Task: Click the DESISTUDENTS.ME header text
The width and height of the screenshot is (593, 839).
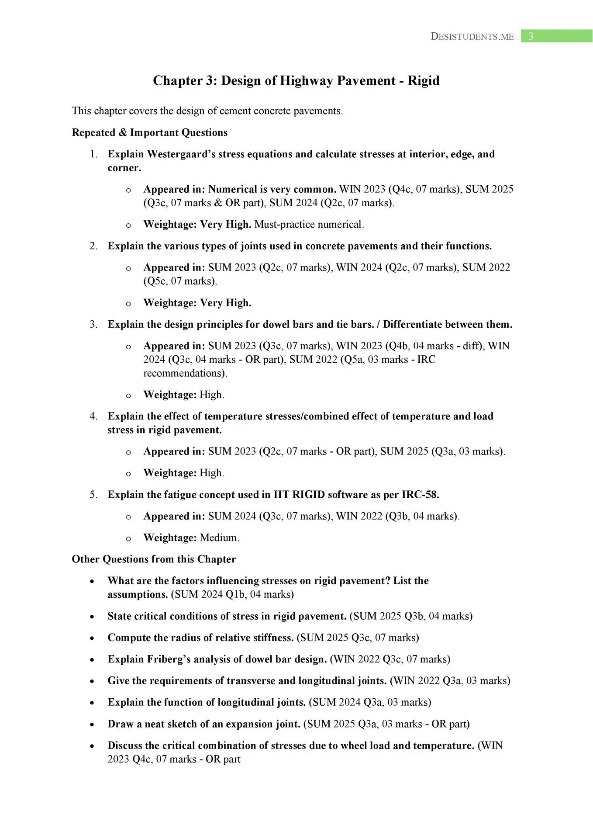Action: [x=472, y=37]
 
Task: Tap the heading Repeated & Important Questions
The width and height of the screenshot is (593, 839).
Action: [x=149, y=133]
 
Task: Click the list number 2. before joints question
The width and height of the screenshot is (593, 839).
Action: [x=93, y=246]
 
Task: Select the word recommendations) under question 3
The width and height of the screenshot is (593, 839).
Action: [x=185, y=373]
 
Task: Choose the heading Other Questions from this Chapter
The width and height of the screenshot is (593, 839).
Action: [x=154, y=559]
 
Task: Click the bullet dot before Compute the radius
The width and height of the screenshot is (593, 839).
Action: [x=92, y=638]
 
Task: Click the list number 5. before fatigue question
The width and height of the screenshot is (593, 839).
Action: [x=93, y=495]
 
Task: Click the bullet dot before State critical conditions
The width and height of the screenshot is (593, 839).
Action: [x=92, y=617]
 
